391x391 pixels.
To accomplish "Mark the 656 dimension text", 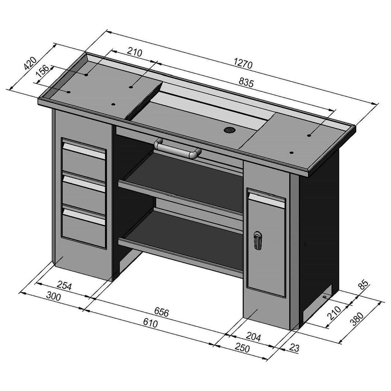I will click(x=162, y=312).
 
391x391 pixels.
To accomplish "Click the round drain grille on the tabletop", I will click(x=228, y=130).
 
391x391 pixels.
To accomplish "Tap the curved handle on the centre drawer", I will click(x=177, y=148).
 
